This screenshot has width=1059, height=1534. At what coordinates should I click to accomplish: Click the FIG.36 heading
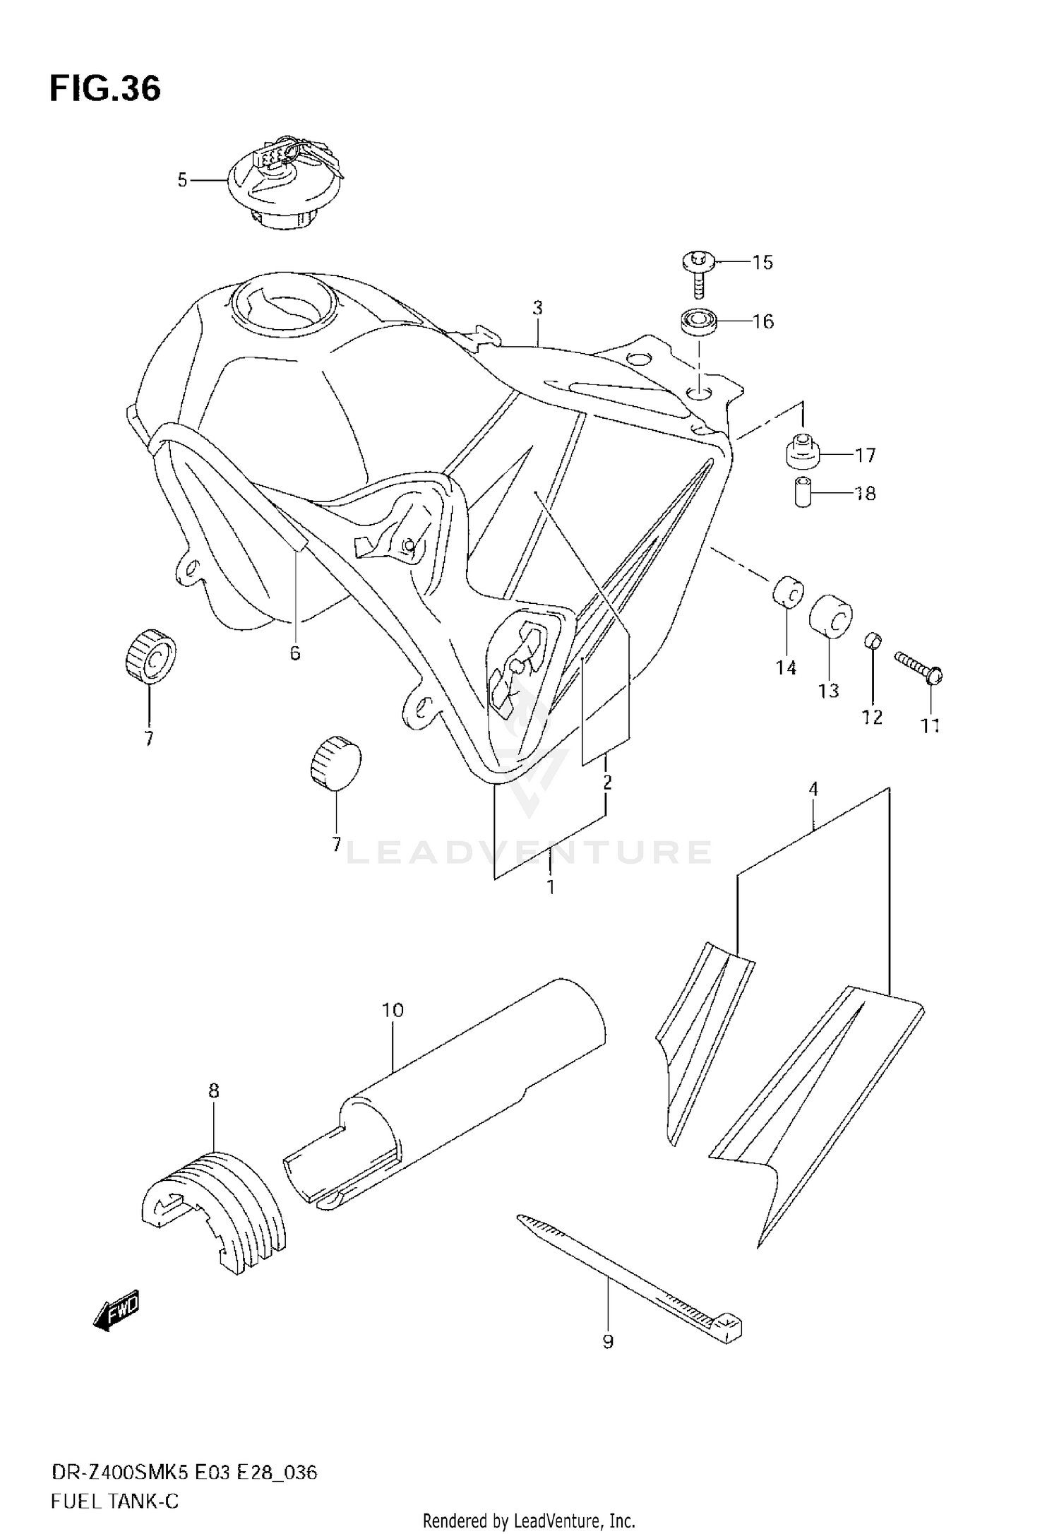[x=105, y=90]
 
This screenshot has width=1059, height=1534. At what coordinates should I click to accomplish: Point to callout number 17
[x=865, y=456]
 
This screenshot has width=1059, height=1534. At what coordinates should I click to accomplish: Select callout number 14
[x=786, y=667]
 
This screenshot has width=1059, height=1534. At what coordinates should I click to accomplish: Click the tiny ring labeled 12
[x=873, y=641]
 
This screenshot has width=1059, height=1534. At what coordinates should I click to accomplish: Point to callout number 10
[x=393, y=1011]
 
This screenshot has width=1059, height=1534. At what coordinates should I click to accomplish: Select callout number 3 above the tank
[x=538, y=308]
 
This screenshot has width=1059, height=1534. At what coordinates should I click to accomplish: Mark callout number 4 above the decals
[x=813, y=790]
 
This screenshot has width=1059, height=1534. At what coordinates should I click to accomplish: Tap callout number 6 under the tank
[x=295, y=653]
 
